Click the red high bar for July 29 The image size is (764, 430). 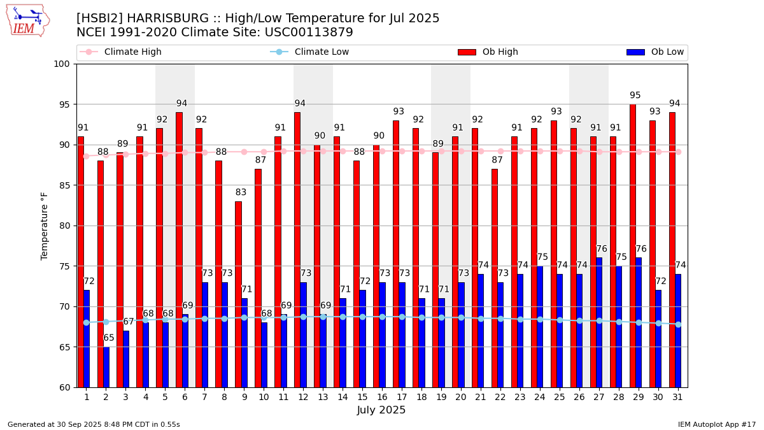coord(632,246)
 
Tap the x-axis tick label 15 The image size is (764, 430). coord(362,397)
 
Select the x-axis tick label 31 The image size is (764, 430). coord(677,397)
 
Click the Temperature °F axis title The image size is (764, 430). coord(45,226)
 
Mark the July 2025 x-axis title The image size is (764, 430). coord(381,410)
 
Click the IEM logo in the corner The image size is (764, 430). coord(27,20)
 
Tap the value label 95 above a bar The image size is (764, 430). coord(635,96)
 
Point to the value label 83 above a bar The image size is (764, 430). coord(241,192)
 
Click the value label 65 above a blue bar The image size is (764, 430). coord(109,338)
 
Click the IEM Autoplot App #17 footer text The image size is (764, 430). coord(717,424)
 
